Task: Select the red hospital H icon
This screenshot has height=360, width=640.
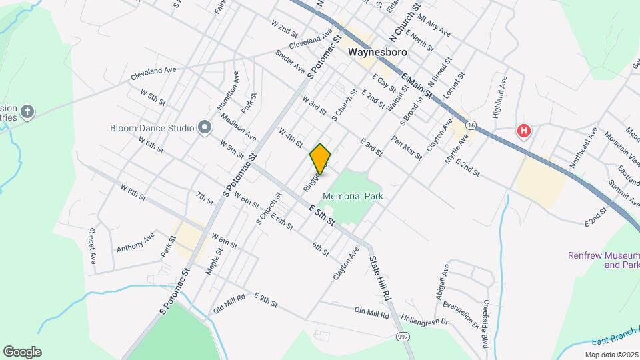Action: tap(525, 131)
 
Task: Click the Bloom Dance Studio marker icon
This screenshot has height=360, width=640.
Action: tap(205, 127)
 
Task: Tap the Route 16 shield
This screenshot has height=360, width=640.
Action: tap(471, 125)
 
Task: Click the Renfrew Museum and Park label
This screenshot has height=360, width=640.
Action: tap(603, 260)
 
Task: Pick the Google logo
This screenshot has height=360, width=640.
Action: tap(22, 351)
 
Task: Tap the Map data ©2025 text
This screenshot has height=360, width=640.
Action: tap(611, 354)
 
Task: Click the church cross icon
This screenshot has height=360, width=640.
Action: tap(27, 111)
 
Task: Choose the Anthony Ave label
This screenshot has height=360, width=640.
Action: tap(135, 241)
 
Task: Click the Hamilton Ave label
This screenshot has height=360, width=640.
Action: tap(228, 96)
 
